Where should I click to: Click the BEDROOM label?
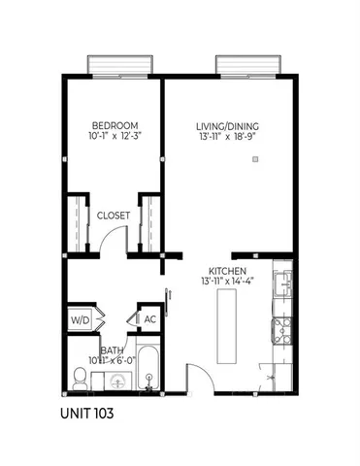(x=115, y=126)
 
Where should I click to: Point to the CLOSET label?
(x=114, y=216)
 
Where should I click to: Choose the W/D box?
(x=80, y=318)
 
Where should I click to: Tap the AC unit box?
(x=150, y=318)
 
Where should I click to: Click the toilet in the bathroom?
(x=81, y=376)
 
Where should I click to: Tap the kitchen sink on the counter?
(x=282, y=284)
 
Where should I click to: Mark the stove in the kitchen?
(x=282, y=331)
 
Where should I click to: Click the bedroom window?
(x=117, y=64)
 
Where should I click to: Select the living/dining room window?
(x=247, y=64)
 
